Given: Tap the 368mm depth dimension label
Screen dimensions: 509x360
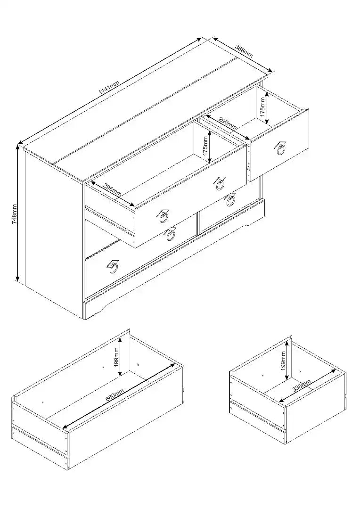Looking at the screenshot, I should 244,51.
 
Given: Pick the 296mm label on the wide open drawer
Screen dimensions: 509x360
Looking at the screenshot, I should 113,190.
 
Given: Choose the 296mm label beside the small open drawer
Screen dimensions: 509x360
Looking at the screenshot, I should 228,123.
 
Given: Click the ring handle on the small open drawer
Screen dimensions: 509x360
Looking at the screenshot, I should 280,148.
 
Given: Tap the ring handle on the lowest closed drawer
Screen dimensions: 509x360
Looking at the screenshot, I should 113,267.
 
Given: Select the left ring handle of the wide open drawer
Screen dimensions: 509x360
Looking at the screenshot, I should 163,216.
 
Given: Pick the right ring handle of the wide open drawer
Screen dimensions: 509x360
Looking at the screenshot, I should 220,184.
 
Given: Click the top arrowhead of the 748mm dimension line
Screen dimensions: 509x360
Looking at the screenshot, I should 17,148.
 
